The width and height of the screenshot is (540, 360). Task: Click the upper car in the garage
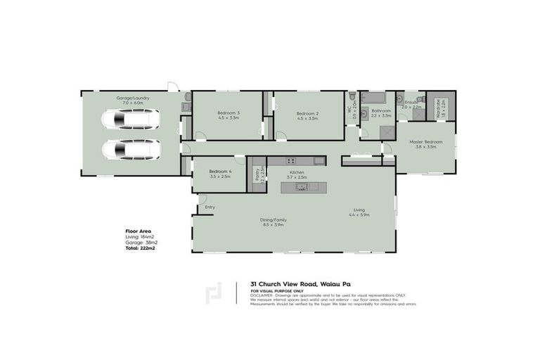point(130,120)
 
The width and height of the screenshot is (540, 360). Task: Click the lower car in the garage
point(130,149)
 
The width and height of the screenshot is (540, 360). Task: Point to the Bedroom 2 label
point(308,114)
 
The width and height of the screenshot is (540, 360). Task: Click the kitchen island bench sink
point(303,187)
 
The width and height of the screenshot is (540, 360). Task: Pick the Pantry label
point(257,173)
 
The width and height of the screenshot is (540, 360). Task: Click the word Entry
point(210,207)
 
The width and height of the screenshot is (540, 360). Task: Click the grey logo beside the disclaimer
point(215,294)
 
